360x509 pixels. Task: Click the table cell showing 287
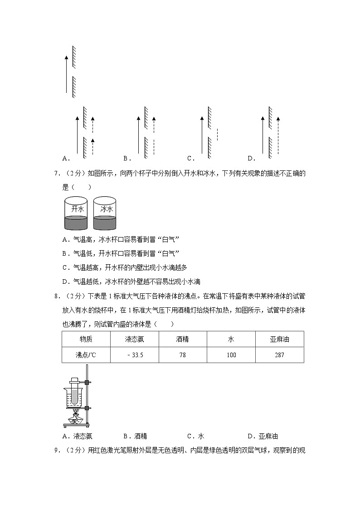click(x=279, y=355)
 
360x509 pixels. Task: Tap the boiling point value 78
click(x=182, y=355)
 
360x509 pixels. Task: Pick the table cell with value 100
click(x=231, y=355)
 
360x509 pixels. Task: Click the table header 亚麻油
click(x=279, y=339)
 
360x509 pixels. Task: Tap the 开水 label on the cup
click(x=78, y=209)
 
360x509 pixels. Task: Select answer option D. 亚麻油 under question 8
click(x=263, y=436)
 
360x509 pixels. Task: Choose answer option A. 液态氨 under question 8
click(x=78, y=436)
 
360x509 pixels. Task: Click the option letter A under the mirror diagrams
click(x=65, y=158)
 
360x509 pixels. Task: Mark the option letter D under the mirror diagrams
click(x=251, y=158)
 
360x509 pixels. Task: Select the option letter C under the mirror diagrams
click(x=190, y=158)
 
